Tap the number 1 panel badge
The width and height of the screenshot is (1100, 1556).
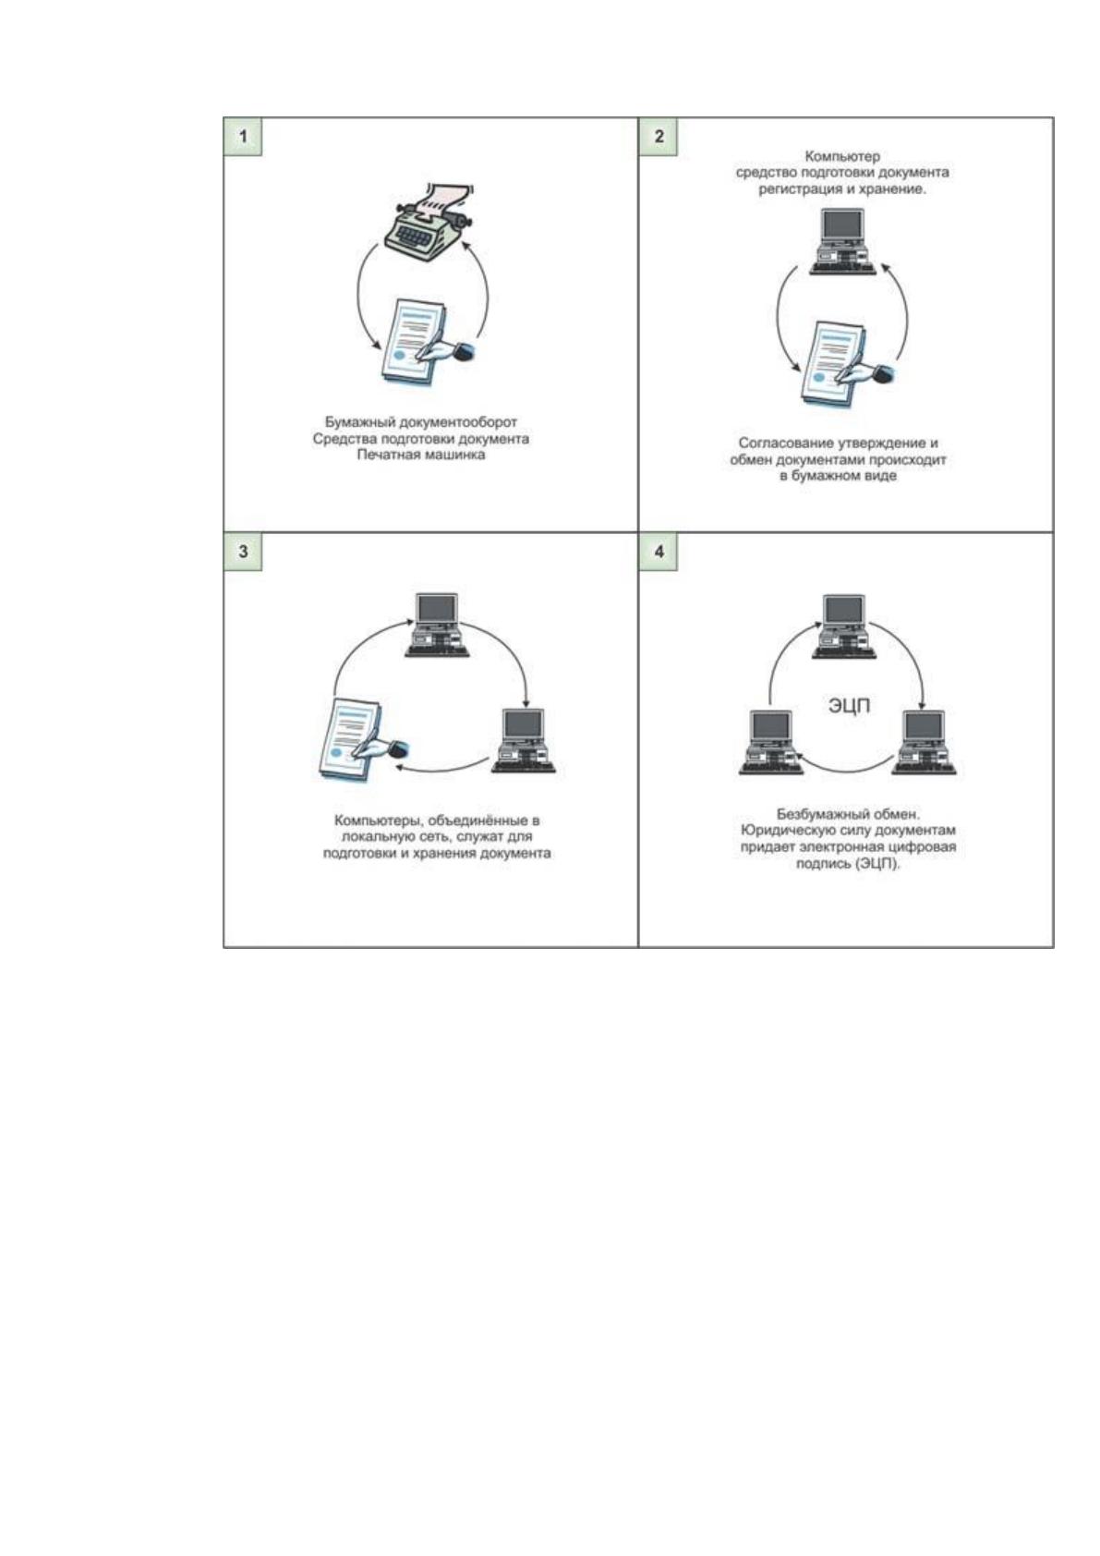pyautogui.click(x=242, y=137)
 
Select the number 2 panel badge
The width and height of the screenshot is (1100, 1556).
pyautogui.click(x=659, y=137)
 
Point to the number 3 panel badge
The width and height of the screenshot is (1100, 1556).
pyautogui.click(x=242, y=553)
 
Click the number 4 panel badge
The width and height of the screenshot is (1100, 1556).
pyautogui.click(x=659, y=553)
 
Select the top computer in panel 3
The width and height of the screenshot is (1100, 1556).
pyautogui.click(x=438, y=625)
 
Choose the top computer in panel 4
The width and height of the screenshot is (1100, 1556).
pyautogui.click(x=844, y=626)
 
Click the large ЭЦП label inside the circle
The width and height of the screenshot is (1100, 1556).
pyautogui.click(x=849, y=707)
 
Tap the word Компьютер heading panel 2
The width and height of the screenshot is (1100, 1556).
pyautogui.click(x=841, y=156)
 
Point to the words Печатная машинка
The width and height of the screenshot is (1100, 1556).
pyautogui.click(x=421, y=455)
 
